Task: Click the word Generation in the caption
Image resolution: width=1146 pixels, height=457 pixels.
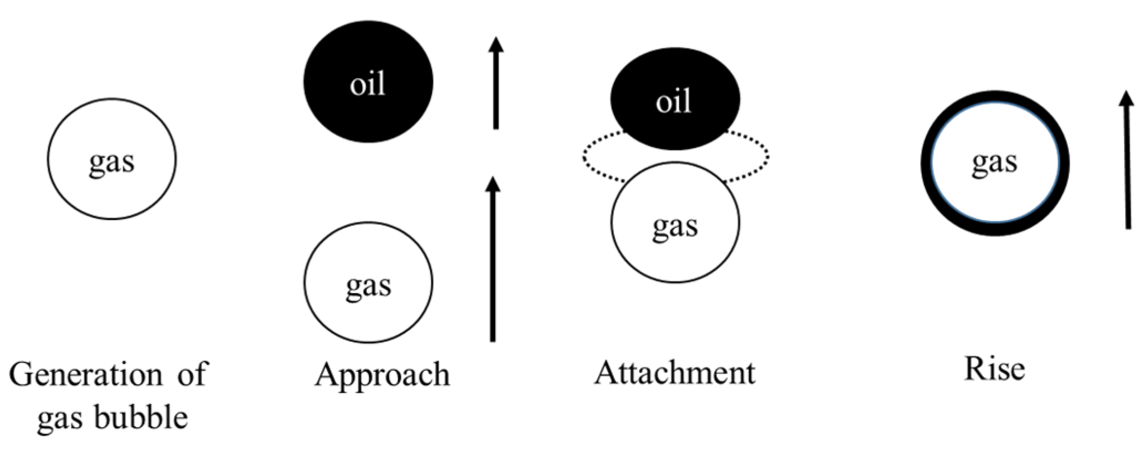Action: tap(86, 375)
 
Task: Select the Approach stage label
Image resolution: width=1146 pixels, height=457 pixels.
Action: tap(382, 375)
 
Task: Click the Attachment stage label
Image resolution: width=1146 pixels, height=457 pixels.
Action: tap(674, 373)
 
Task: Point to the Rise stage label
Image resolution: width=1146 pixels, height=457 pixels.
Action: tap(994, 369)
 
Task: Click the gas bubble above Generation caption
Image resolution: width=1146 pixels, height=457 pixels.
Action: tap(112, 159)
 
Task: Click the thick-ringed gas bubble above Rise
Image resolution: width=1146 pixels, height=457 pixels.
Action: tap(995, 164)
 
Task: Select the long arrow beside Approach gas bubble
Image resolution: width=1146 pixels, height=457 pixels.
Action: tap(493, 260)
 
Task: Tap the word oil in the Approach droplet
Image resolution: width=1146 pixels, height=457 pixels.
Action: tap(368, 84)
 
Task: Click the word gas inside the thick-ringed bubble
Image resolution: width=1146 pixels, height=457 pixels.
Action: tap(994, 163)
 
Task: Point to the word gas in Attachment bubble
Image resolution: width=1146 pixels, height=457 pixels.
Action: tap(675, 226)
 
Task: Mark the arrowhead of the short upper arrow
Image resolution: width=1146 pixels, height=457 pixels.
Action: tap(496, 44)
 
